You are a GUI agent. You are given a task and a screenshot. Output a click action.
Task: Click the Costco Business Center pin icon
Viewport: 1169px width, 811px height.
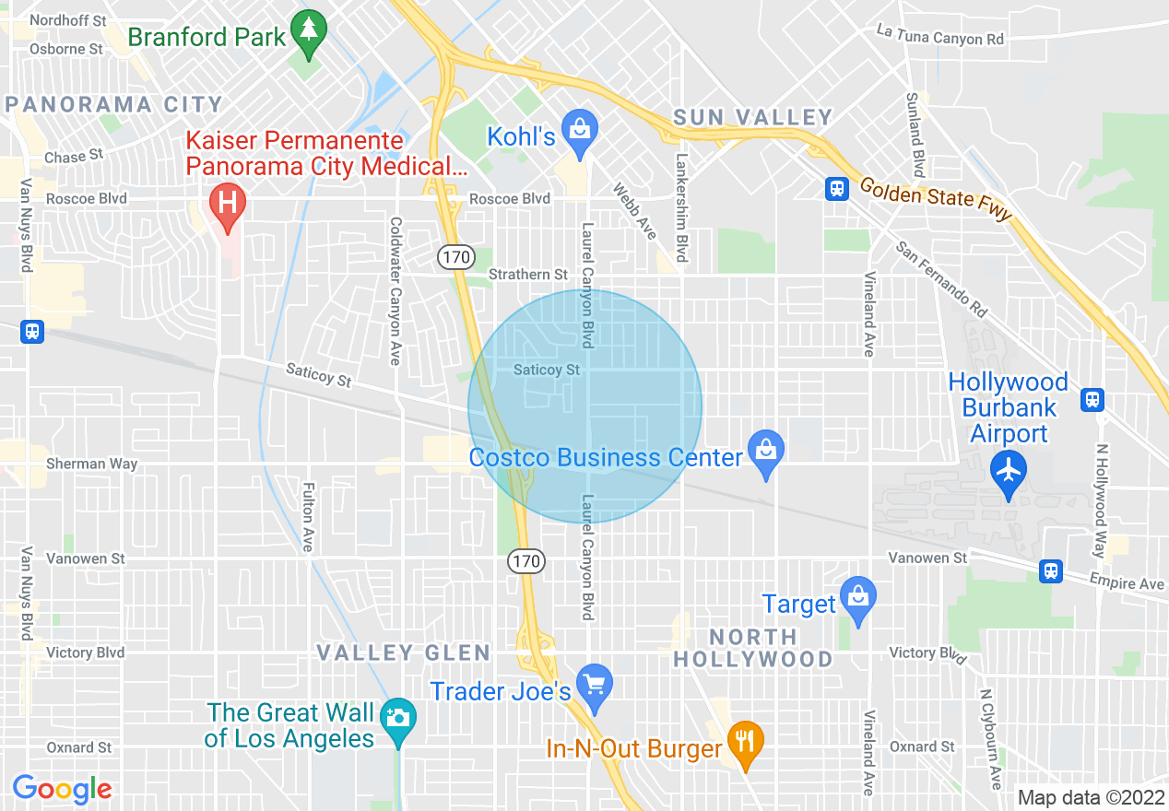[765, 451]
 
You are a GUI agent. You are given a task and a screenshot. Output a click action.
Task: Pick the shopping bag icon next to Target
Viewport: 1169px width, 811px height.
[857, 596]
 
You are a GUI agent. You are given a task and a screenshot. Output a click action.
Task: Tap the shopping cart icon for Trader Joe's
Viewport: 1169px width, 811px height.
[595, 685]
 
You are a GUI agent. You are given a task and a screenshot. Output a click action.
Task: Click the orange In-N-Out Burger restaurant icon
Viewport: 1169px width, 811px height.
[744, 740]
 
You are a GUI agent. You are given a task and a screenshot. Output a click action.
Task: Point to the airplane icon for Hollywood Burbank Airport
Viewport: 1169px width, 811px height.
[1009, 471]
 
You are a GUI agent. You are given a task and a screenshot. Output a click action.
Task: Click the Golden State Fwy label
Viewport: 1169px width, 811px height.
[936, 199]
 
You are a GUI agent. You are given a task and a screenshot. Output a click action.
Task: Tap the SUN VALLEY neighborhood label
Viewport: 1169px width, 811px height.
[753, 117]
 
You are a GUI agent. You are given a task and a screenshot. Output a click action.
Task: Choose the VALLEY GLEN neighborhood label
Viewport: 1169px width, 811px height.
[404, 653]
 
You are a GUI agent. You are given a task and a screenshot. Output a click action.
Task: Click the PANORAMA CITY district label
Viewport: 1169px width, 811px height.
[114, 104]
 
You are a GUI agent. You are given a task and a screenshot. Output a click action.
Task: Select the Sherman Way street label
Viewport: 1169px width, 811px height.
[91, 464]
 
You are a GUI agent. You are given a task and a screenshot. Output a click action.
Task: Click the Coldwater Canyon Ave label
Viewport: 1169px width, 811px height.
[396, 290]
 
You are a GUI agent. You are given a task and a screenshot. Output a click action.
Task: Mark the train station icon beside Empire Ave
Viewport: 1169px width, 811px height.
[1050, 571]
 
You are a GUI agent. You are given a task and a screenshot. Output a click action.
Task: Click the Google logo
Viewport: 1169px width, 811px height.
[62, 789]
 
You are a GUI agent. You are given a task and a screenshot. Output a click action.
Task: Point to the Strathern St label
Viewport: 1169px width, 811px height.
[528, 275]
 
